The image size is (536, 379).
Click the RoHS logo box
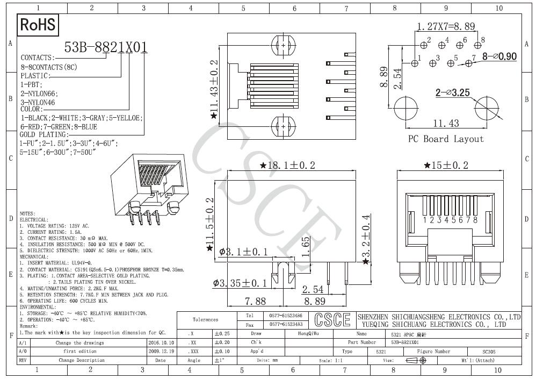pyautogui.click(x=38, y=25)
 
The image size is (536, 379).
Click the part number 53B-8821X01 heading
pyautogui.click(x=105, y=48)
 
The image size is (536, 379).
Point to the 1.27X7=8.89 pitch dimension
pyautogui.click(x=445, y=26)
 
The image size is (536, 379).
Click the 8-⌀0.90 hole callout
pyautogui.click(x=499, y=56)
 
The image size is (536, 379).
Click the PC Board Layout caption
pyautogui.click(x=446, y=139)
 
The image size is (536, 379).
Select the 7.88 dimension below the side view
pyautogui.click(x=256, y=301)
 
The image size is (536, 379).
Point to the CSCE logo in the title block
pyautogui.click(x=332, y=320)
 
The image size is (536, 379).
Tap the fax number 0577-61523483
pyautogui.click(x=285, y=324)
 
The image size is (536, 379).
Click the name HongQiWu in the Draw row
pyautogui.click(x=308, y=333)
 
